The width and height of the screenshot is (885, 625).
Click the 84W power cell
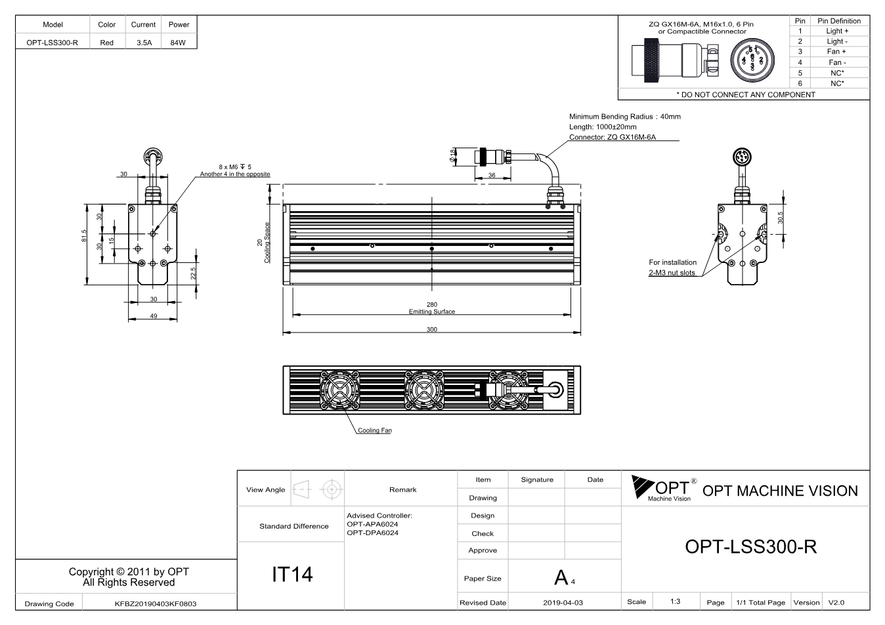coord(178,43)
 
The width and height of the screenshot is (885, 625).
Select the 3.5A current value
coord(144,43)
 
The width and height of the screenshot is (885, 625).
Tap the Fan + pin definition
coord(836,52)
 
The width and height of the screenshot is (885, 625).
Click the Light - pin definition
coord(837,41)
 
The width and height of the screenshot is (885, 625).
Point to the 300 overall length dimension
coord(432,329)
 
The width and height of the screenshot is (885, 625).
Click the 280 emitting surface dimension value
coord(432,304)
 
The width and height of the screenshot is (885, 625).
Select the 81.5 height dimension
coord(84,236)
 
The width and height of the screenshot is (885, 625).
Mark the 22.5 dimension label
coord(193,273)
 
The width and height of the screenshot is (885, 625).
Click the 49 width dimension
coord(154,316)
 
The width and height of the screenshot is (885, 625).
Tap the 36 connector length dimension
coord(492,175)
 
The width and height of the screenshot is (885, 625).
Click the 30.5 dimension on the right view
coord(781,218)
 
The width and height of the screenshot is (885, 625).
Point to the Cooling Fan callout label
coord(375,430)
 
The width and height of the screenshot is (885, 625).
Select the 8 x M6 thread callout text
coord(235,167)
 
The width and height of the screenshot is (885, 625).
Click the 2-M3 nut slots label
coord(672,273)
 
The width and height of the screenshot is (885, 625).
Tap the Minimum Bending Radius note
coord(624,117)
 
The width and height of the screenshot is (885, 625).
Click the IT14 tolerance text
coord(292,575)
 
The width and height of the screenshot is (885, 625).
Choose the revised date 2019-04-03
coord(563,603)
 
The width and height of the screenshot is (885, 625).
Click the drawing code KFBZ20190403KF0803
coord(156,604)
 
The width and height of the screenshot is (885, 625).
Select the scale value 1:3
coord(675,601)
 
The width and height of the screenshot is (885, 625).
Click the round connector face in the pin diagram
coord(752,60)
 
